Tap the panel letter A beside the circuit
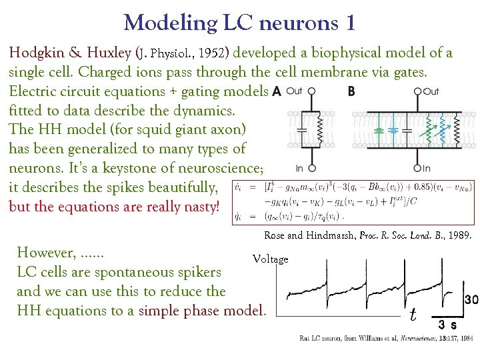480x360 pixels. pos(276,91)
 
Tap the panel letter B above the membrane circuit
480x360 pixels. pos(351,91)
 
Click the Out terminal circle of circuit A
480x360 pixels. pos(311,91)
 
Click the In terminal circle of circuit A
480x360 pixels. pos(311,169)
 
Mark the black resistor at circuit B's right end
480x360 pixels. pos(456,130)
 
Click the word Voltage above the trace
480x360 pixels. pos(270,259)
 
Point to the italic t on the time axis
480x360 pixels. pos(413,313)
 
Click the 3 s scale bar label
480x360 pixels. pos(447,325)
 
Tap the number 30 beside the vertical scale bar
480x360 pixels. pos(471,300)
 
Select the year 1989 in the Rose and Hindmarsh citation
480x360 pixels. pos(461,235)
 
